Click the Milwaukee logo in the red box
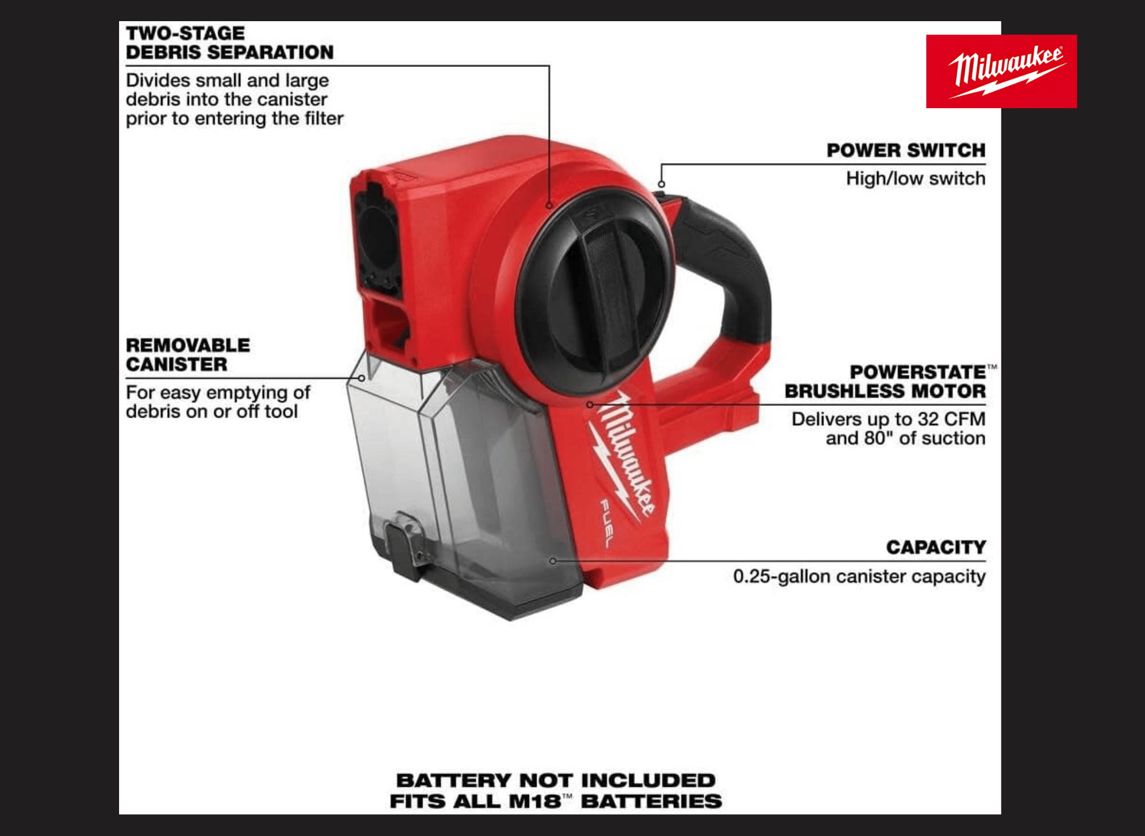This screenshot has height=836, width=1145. pos(1001,72)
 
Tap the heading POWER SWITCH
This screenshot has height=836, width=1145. pos(906,150)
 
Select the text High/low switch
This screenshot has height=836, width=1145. pos(916,179)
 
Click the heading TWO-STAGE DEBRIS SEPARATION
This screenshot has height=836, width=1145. pos(230,43)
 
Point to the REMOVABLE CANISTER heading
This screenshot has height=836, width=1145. pos(188,355)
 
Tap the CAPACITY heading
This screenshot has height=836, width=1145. pos(936,548)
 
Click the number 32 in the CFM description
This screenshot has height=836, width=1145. pos(929,419)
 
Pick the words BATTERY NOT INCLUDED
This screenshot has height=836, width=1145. pos(556,780)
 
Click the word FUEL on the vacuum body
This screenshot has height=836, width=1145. pos(606,522)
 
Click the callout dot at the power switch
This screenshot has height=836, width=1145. pos(661,184)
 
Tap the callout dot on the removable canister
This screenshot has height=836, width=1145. pos(362,378)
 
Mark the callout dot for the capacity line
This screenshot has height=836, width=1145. pos(553,561)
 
